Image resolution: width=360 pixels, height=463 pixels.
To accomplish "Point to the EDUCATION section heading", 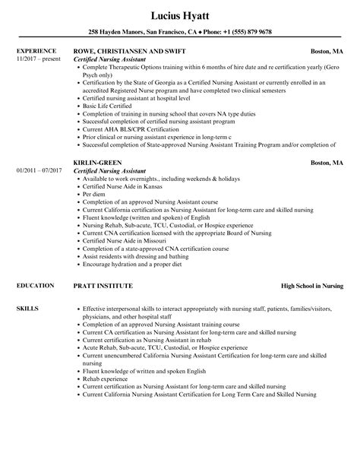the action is pyautogui.click(x=34, y=285).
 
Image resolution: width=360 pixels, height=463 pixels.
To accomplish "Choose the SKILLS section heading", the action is pyautogui.click(x=26, y=308).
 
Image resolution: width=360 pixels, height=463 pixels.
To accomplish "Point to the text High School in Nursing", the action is pyautogui.click(x=311, y=286).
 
